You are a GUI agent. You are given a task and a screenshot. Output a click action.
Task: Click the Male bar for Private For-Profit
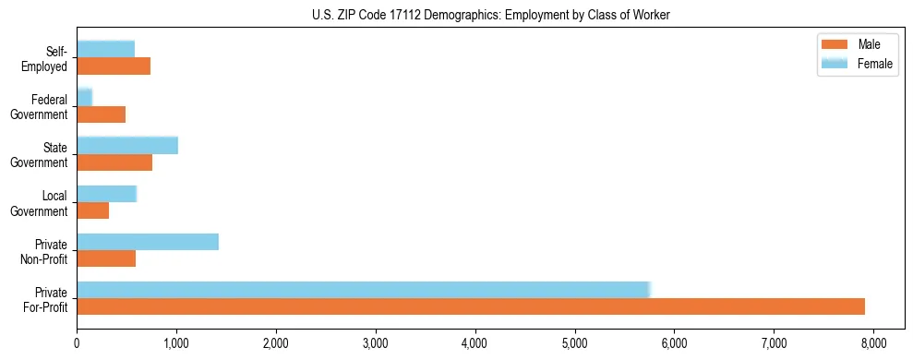pos(471,306)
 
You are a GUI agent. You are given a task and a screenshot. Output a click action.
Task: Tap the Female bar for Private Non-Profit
pos(148,242)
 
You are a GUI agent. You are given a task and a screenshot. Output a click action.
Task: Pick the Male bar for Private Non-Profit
pos(106,258)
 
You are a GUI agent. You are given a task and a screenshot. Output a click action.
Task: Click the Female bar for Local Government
pos(106,194)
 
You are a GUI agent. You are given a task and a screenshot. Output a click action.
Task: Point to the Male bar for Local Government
pos(92,210)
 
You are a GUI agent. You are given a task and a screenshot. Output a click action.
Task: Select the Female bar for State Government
pos(127,146)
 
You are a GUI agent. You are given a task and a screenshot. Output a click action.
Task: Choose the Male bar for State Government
pos(114,162)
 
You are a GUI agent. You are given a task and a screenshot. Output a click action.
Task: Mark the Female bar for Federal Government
pos(84,98)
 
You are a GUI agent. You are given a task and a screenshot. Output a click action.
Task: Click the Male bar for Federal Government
pos(101,114)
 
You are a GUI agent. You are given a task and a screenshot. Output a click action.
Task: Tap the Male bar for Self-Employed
pos(114,66)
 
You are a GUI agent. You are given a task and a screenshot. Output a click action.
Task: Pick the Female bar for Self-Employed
pos(105,49)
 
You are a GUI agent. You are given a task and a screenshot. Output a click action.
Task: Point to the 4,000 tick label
pos(475,346)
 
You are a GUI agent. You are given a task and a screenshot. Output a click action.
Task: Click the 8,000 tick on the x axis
pos(873,346)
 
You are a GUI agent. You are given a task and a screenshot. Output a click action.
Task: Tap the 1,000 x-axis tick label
pos(176,346)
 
